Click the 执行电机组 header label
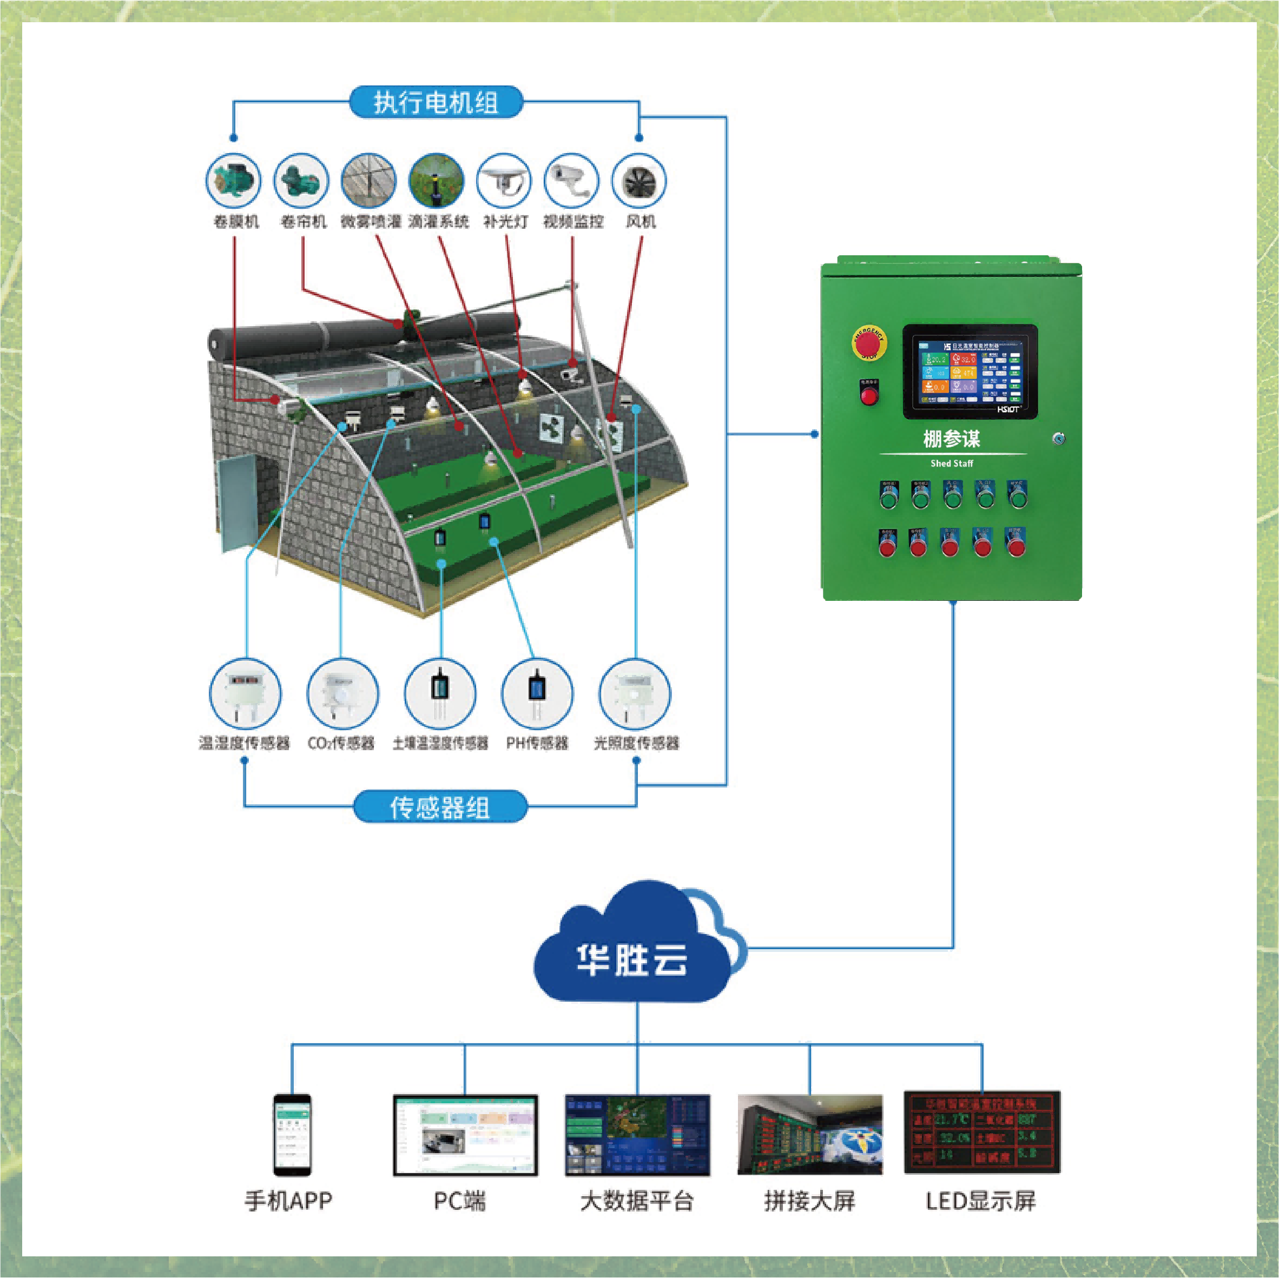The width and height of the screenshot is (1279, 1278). pyautogui.click(x=436, y=103)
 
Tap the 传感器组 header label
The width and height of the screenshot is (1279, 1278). pyautogui.click(x=439, y=807)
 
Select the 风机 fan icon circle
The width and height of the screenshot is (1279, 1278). pyautogui.click(x=638, y=181)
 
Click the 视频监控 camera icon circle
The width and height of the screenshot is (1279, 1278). pyautogui.click(x=571, y=181)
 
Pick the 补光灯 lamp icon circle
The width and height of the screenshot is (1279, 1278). pyautogui.click(x=504, y=181)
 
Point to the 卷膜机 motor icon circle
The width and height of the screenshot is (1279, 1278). pyautogui.click(x=234, y=181)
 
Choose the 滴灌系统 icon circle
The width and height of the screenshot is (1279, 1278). pyautogui.click(x=436, y=181)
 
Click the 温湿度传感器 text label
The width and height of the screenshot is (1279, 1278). pyautogui.click(x=245, y=743)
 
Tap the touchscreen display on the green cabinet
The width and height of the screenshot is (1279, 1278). pyautogui.click(x=970, y=372)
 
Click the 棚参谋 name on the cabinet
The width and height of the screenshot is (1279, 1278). pyautogui.click(x=951, y=439)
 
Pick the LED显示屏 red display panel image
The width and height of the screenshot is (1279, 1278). pyautogui.click(x=982, y=1133)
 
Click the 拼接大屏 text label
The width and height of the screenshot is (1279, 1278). pyautogui.click(x=809, y=1201)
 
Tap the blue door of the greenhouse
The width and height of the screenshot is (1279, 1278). pyautogui.click(x=236, y=502)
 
